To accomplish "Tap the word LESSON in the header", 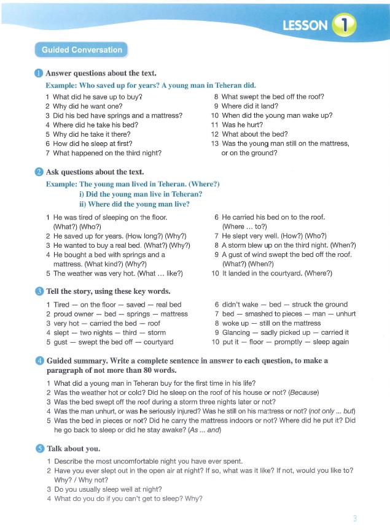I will pyautogui.click(x=305, y=25).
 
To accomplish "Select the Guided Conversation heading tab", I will pyautogui.click(x=82, y=50).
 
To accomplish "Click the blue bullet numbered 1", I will pyautogui.click(x=39, y=74).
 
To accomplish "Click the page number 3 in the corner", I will pyautogui.click(x=354, y=519).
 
